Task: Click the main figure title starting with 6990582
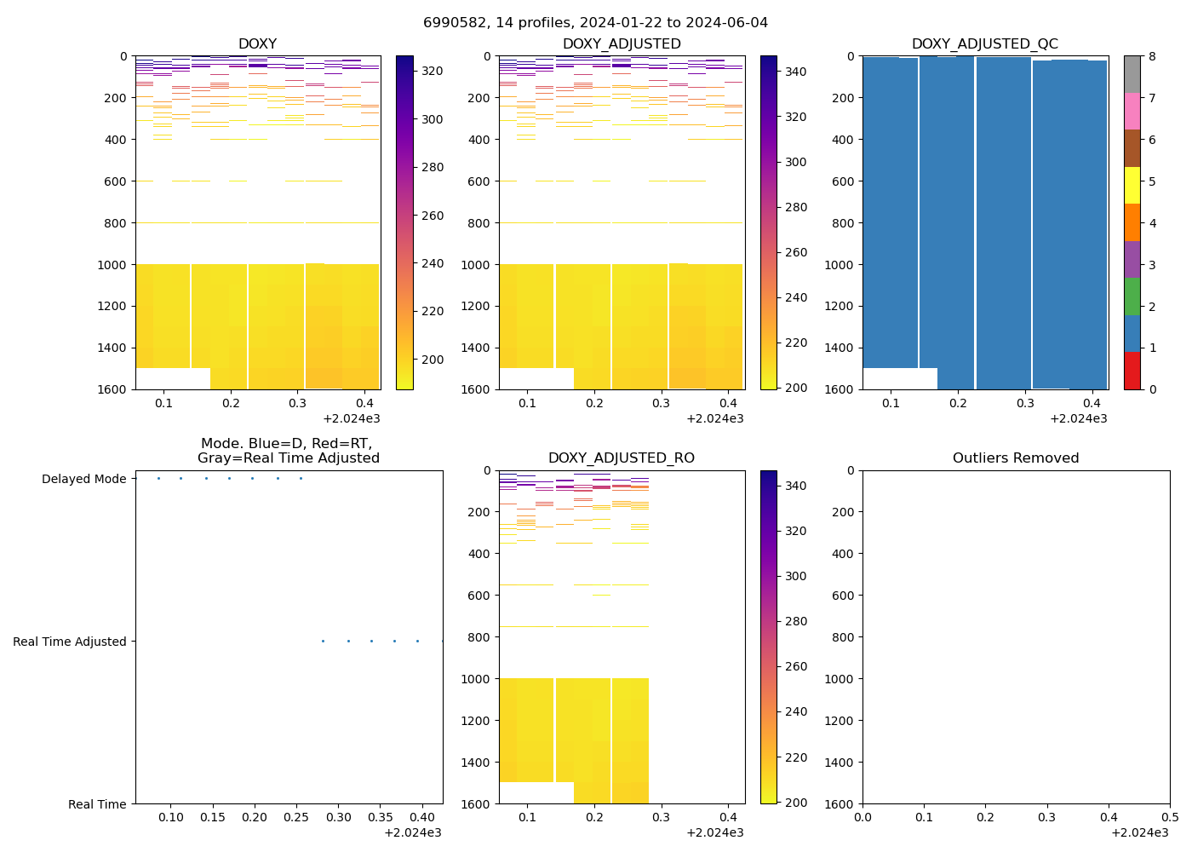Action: (595, 23)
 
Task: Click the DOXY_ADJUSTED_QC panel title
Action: (984, 44)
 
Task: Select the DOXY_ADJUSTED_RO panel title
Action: (621, 458)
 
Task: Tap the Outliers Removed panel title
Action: (1015, 458)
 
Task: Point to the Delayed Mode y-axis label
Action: (83, 479)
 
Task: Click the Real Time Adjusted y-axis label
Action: (69, 642)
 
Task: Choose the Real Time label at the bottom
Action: (97, 804)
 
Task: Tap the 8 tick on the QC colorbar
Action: (1151, 56)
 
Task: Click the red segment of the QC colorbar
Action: (1132, 371)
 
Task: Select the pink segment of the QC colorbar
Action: (1132, 112)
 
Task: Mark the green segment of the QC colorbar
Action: (1132, 296)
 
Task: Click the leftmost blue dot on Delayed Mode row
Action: (158, 479)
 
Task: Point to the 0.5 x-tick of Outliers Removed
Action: (1169, 817)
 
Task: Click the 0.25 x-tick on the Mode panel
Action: (296, 817)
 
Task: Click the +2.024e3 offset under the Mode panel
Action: (412, 832)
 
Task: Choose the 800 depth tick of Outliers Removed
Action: (843, 637)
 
